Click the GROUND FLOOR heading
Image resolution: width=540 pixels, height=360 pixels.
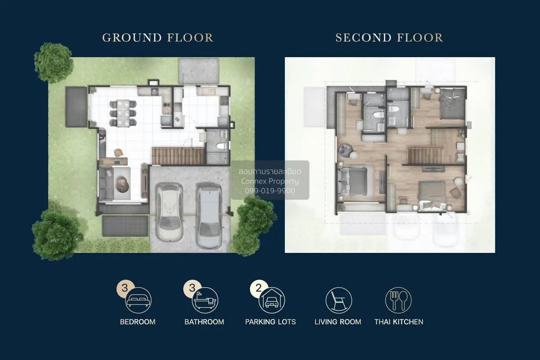[158, 38]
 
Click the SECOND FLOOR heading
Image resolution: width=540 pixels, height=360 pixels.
[389, 38]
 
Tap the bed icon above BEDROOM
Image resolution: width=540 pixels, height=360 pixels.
[139, 300]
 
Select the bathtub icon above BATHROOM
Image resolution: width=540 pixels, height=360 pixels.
[205, 300]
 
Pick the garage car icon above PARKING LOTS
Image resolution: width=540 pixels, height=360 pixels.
[272, 300]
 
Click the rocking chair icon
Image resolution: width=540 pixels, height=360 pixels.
[339, 301]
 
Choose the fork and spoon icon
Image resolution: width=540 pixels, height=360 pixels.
[398, 301]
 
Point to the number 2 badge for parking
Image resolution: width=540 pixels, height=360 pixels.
[259, 288]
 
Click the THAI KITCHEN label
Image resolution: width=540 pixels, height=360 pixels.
[399, 322]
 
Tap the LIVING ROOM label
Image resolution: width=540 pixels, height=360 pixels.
[338, 322]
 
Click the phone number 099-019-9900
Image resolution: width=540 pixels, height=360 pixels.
[270, 191]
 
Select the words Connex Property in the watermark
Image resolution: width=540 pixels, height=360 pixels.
[270, 181]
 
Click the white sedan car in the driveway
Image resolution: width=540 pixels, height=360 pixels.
[169, 212]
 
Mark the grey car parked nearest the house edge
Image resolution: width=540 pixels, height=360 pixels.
[209, 216]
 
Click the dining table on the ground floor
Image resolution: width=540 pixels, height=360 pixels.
[123, 113]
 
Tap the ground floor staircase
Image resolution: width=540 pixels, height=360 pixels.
[179, 157]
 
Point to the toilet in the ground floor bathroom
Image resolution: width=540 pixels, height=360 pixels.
[221, 146]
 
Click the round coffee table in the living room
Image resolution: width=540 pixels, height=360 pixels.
[123, 184]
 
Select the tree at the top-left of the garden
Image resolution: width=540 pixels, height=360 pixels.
[54, 62]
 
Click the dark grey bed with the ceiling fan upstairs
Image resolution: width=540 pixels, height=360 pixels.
[452, 103]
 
